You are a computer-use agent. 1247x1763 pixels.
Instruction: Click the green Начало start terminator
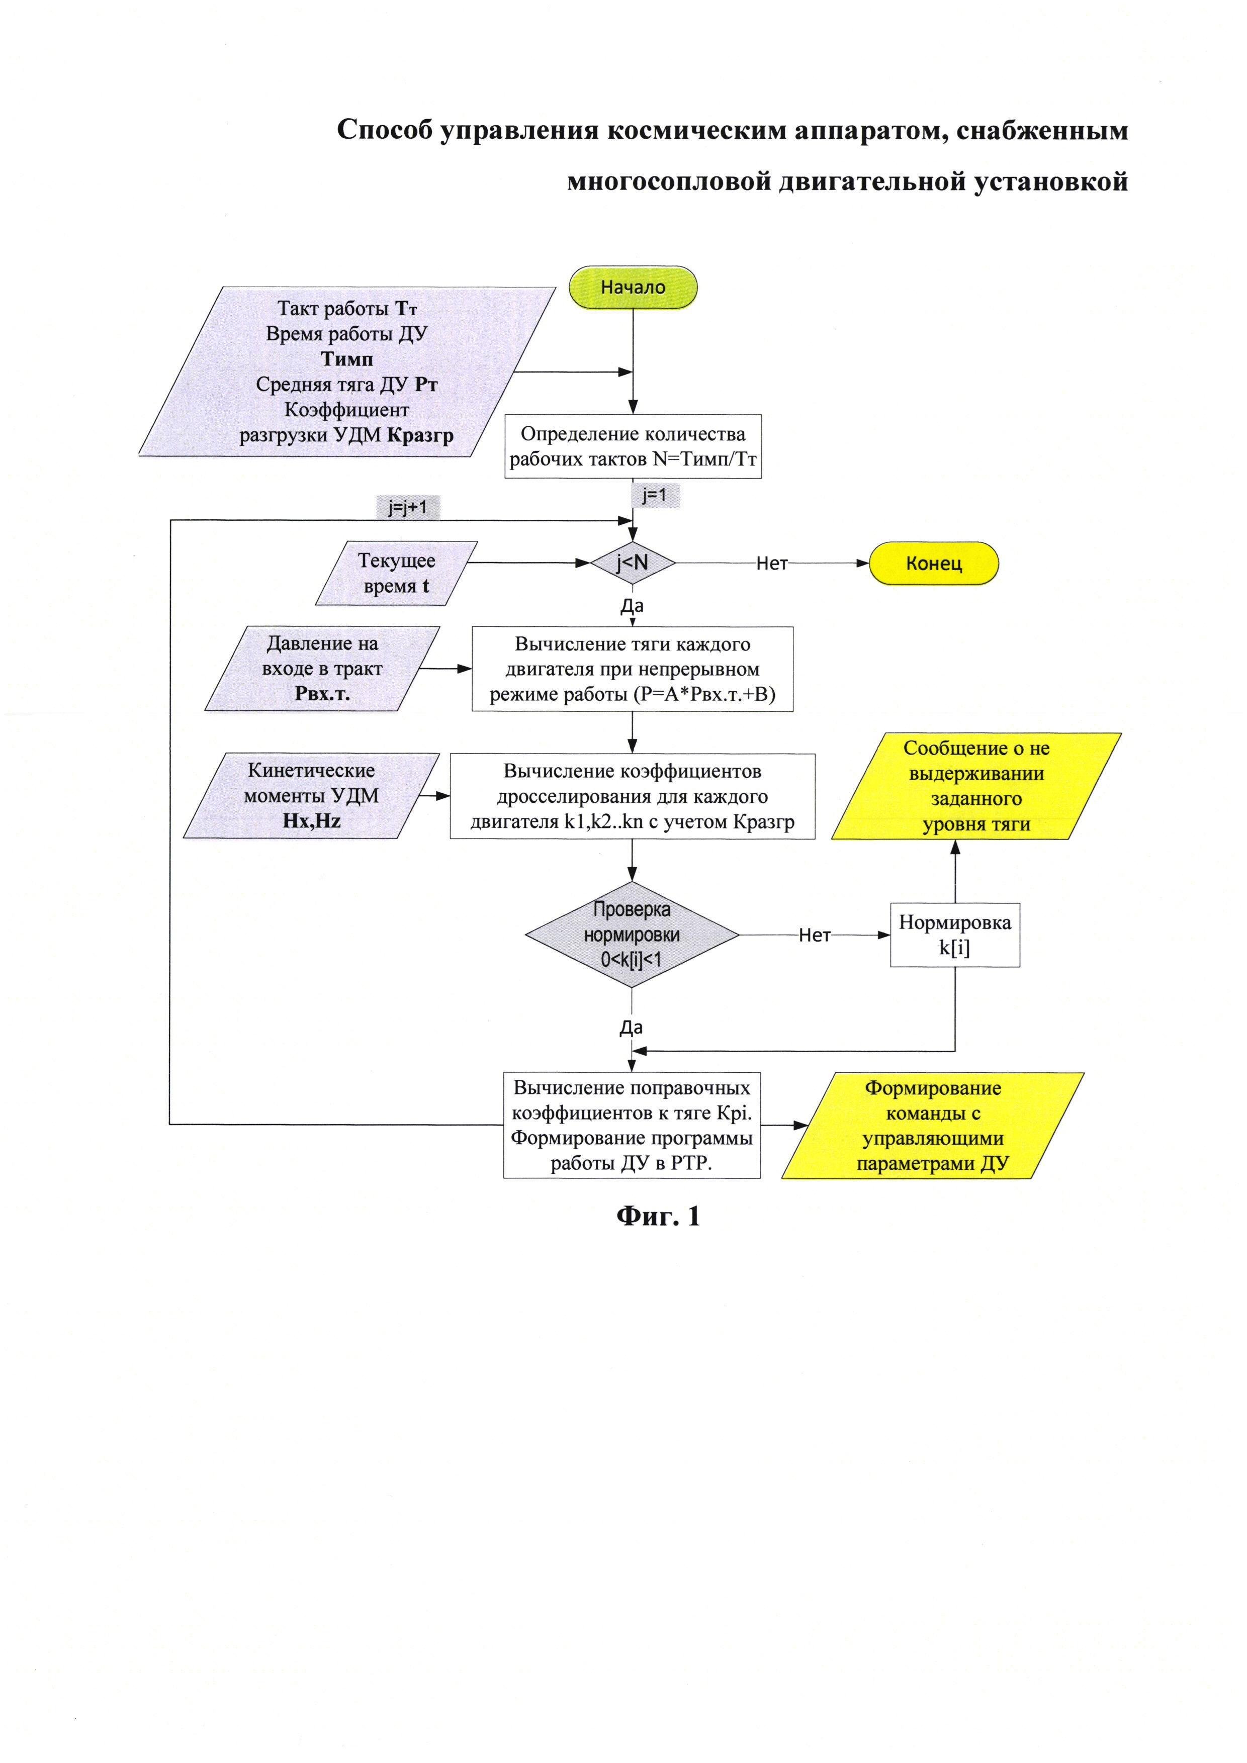(633, 288)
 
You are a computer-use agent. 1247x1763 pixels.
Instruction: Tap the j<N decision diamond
(632, 563)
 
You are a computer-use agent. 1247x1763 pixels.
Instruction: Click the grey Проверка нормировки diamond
(632, 935)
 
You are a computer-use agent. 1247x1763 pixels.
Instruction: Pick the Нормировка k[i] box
(954, 935)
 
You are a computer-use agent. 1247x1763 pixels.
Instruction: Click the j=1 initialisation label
(654, 495)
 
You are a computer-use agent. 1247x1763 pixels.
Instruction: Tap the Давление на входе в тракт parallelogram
(322, 669)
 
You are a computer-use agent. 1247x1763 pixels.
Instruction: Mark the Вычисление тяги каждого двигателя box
(632, 669)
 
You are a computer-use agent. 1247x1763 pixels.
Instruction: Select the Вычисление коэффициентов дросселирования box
(632, 796)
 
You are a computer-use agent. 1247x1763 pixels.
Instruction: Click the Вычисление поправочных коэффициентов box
(632, 1125)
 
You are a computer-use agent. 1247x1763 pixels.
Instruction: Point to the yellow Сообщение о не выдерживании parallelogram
(976, 786)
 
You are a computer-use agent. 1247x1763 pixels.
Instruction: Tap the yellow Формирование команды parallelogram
(933, 1125)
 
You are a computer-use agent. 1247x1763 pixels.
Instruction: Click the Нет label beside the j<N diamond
(772, 564)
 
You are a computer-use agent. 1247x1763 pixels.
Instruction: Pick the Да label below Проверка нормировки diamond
(631, 1028)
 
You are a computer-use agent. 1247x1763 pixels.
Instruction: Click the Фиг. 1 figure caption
(658, 1216)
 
